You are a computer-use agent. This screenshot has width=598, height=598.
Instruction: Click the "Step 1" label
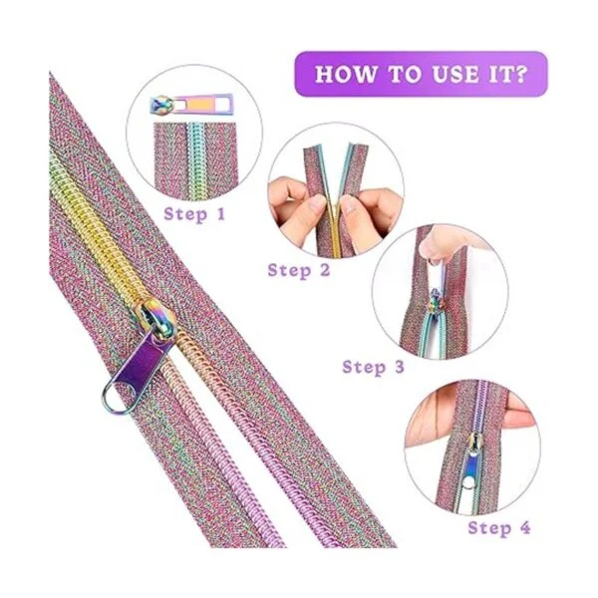click(x=194, y=214)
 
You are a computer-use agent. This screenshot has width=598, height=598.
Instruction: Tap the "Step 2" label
click(x=299, y=270)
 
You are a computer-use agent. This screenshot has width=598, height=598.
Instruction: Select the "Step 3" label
click(x=373, y=367)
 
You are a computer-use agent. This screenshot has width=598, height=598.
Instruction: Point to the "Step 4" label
click(x=499, y=528)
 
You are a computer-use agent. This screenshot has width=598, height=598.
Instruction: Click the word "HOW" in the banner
click(x=346, y=74)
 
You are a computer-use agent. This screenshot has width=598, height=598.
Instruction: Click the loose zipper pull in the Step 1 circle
click(x=191, y=105)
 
